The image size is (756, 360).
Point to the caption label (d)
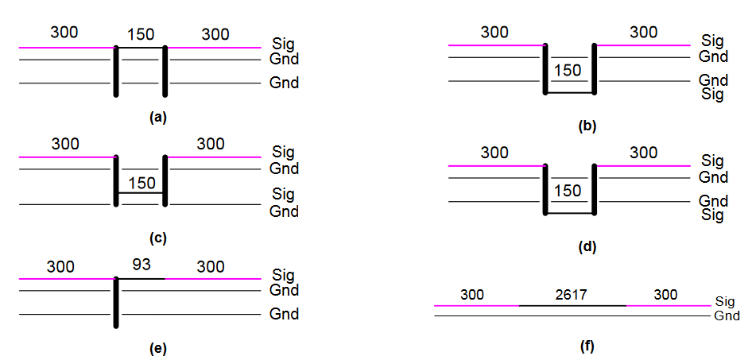[587, 247]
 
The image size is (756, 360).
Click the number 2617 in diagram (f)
[571, 295]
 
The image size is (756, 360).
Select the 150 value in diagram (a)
[141, 34]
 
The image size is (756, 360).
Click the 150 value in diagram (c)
[141, 183]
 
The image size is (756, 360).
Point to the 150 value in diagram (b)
[569, 70]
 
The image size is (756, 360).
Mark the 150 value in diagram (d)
[569, 191]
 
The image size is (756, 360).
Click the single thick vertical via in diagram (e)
[116, 302]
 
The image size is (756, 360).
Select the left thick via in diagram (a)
[116, 71]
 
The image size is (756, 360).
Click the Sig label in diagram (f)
[724, 301]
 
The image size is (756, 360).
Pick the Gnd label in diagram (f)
[727, 315]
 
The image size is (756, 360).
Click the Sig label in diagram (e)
[283, 276]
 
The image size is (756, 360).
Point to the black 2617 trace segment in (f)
[572, 305]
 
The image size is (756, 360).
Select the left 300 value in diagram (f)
[472, 295]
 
